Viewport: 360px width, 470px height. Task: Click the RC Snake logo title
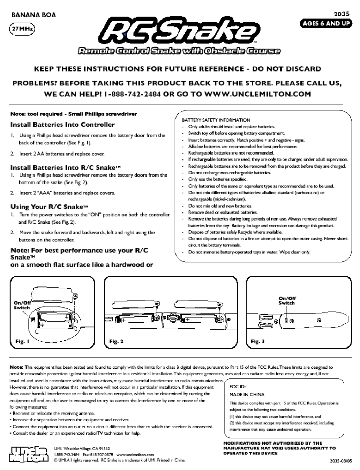coord(180,32)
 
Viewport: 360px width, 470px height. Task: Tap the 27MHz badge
coord(22,29)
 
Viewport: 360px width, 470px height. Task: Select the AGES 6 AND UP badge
coord(326,24)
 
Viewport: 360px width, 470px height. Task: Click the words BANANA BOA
coord(33,15)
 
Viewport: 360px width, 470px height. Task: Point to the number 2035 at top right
coord(341,14)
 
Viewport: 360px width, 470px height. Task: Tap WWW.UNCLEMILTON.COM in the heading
coord(257,94)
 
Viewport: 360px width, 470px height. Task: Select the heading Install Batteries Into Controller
coord(62,125)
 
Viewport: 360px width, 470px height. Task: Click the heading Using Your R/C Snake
coord(49,207)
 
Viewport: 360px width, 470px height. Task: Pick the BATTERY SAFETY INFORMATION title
coord(216,120)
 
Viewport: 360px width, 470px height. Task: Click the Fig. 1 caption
coord(22,341)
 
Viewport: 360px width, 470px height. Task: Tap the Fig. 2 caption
coord(116,341)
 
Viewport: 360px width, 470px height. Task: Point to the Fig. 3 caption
coord(257,341)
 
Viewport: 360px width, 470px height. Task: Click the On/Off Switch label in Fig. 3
coord(287,300)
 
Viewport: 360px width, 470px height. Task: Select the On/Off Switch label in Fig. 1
coord(22,305)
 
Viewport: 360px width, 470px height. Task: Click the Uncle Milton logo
coord(29,454)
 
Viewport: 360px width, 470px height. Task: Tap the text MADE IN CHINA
coord(247,394)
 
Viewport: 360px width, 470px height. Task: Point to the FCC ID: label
coord(238,387)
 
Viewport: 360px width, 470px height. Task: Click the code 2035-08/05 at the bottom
coord(340,461)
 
